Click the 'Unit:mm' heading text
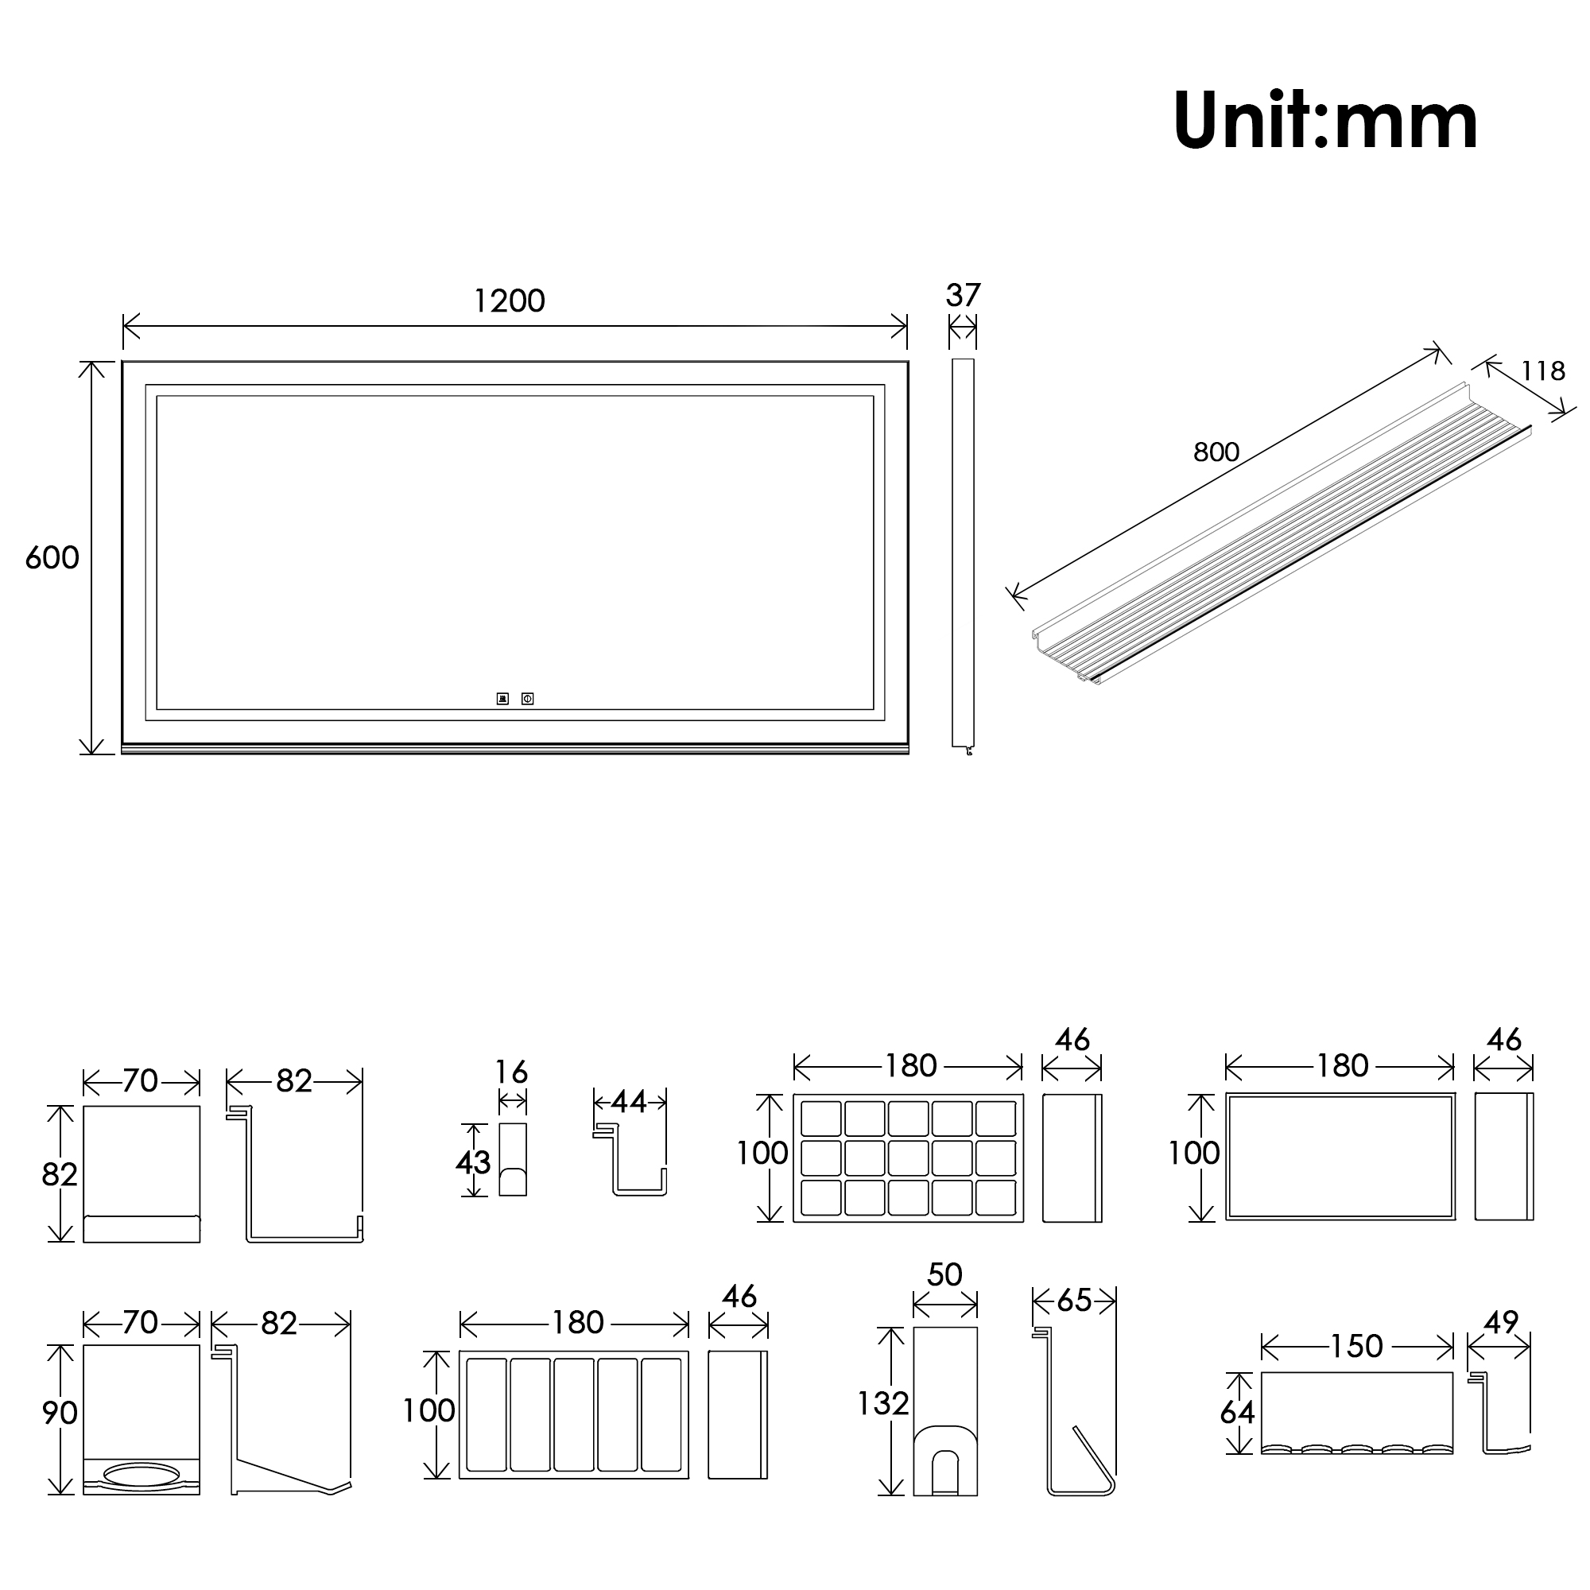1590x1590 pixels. (x=1325, y=121)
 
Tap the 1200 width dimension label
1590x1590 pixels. (x=510, y=301)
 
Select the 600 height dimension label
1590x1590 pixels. (x=52, y=558)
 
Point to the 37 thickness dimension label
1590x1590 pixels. (x=963, y=296)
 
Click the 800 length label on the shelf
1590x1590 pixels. (x=1216, y=452)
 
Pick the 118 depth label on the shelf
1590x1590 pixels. (x=1542, y=371)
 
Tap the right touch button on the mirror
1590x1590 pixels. (x=528, y=699)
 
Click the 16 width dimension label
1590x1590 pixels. (x=511, y=1072)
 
